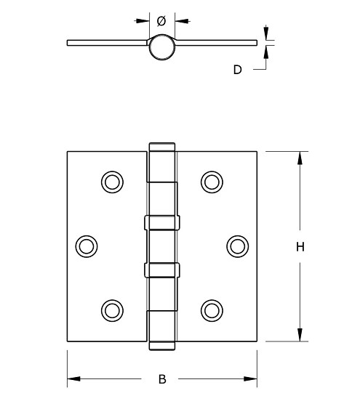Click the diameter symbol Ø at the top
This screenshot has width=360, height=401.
(161, 21)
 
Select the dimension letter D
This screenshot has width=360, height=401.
(237, 70)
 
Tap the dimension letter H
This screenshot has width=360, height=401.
(299, 247)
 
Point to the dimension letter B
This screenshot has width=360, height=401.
(162, 378)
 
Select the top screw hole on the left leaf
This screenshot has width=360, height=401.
(112, 181)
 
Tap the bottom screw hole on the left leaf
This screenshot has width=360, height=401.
(112, 309)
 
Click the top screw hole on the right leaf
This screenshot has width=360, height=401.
(212, 181)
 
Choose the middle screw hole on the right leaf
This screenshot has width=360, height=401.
(237, 246)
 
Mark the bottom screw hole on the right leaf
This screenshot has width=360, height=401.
(212, 309)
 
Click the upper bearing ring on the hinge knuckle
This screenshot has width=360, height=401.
(162, 222)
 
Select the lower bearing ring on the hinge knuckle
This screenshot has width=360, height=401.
(162, 270)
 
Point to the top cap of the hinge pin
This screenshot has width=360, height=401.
(162, 146)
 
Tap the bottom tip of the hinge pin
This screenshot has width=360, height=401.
(162, 345)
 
